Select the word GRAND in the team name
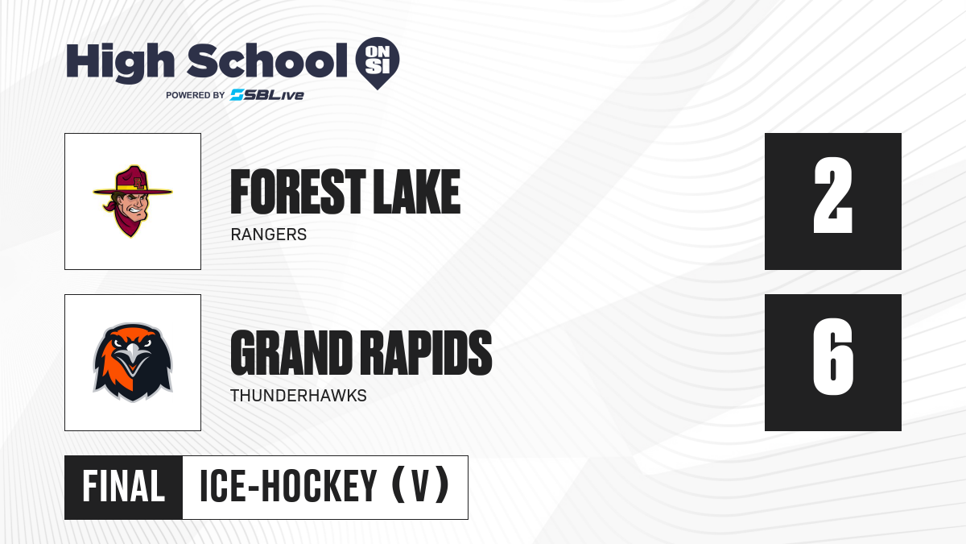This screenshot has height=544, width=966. pos(291,353)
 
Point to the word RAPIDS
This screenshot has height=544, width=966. pos(426,353)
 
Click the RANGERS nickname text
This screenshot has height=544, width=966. pos(269,235)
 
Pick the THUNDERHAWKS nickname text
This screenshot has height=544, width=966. pos(299,396)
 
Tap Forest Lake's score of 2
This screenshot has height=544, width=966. pos(832,195)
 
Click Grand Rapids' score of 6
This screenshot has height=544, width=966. pos(832,356)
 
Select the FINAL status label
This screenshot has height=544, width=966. pos(124,486)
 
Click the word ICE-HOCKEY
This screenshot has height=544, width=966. pos(288,486)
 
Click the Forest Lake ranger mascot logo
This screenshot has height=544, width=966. pos(133,201)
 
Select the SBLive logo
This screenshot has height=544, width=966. pos(267,95)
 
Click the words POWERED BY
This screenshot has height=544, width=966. pos(196,95)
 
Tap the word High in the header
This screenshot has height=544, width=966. pos(120,63)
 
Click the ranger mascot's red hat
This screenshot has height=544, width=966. pos(133,181)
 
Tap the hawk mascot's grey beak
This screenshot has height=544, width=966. pos(132,358)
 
